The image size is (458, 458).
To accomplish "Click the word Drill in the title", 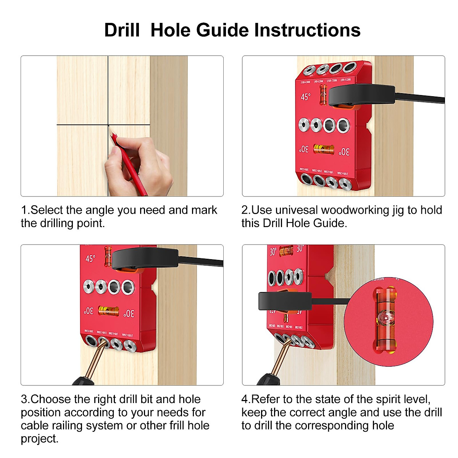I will (122, 30).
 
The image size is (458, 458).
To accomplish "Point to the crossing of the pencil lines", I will (108, 125).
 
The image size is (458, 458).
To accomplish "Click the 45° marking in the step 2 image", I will (305, 97).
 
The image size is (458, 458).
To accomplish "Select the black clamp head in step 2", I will (361, 95).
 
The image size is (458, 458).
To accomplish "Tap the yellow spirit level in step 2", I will (323, 149).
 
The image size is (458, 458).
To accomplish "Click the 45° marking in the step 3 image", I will (90, 259).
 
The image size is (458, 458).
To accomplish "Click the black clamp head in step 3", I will (145, 258).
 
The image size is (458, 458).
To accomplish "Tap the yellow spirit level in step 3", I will (108, 310).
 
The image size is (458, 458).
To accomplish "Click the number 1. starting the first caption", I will (25, 210).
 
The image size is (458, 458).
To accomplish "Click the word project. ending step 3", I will (40, 439).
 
